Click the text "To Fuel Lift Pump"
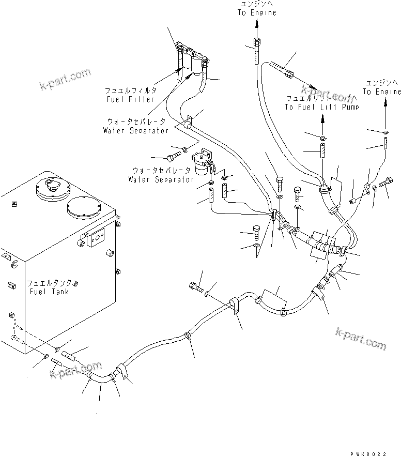(x=321, y=107)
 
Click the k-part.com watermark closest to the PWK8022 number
(x=360, y=339)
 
